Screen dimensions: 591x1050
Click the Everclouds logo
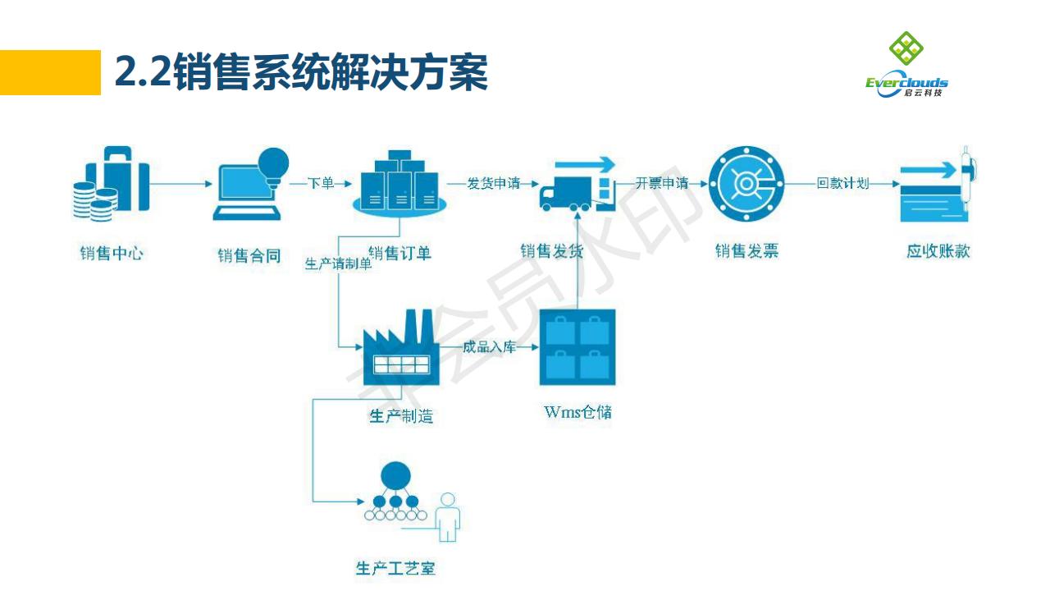coord(906,65)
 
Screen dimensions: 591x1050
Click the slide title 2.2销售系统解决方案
coord(301,73)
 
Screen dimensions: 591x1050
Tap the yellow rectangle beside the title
coord(50,72)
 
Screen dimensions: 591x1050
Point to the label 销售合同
coord(249,255)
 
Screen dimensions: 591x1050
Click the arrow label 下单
coord(321,183)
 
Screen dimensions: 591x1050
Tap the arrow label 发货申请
coord(494,183)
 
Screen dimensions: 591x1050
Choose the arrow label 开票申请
coord(661,183)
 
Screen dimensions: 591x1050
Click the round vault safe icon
coord(746,183)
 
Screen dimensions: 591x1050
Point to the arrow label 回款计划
coord(842,183)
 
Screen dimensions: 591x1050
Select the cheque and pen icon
coord(940,186)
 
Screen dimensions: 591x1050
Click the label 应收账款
coord(938,251)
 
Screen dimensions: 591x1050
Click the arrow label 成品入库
coord(489,346)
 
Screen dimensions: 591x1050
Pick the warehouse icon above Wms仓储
coord(577,348)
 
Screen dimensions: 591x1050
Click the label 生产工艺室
coord(395,568)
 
